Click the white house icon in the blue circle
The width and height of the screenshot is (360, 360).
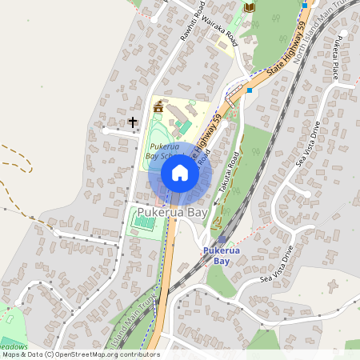click(180, 173)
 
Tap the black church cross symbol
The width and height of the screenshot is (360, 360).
click(133, 122)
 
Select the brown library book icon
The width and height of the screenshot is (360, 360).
click(250, 7)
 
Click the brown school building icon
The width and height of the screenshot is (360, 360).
click(158, 106)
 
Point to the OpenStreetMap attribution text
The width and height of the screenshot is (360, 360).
click(81, 354)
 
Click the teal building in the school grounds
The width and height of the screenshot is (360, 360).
click(183, 126)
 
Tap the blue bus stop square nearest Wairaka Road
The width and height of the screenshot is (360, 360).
click(250, 90)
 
